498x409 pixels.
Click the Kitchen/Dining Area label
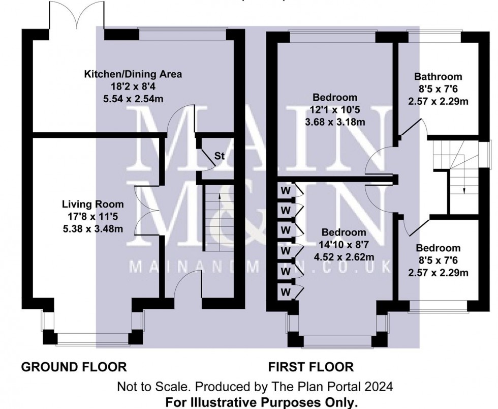tap(133, 74)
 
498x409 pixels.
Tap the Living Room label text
tap(92, 205)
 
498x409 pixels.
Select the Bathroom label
tap(438, 77)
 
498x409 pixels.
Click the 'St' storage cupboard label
tap(220, 156)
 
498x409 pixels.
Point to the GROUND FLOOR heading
tap(73, 366)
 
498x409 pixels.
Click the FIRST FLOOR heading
tap(310, 366)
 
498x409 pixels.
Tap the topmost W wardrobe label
tap(286, 191)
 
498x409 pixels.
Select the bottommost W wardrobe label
tap(286, 293)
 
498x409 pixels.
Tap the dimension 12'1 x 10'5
tap(335, 109)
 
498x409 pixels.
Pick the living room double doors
tap(146, 210)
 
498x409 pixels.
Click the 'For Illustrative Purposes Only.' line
tap(262, 402)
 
